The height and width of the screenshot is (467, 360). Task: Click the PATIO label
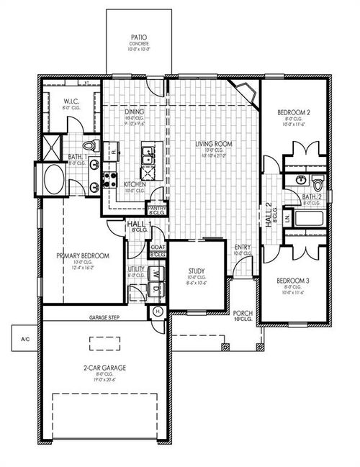click(x=139, y=36)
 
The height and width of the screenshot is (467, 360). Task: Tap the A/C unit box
click(x=24, y=337)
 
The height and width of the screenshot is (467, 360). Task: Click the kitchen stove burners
click(x=110, y=179)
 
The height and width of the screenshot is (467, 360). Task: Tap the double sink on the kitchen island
click(x=148, y=153)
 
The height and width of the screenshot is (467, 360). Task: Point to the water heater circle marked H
click(x=158, y=310)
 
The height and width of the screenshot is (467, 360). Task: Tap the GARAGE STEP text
click(x=104, y=317)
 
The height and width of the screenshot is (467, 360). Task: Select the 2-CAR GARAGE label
click(x=104, y=367)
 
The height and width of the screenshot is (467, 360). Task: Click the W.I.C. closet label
click(x=71, y=101)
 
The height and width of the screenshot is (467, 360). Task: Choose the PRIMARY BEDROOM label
click(x=83, y=255)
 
